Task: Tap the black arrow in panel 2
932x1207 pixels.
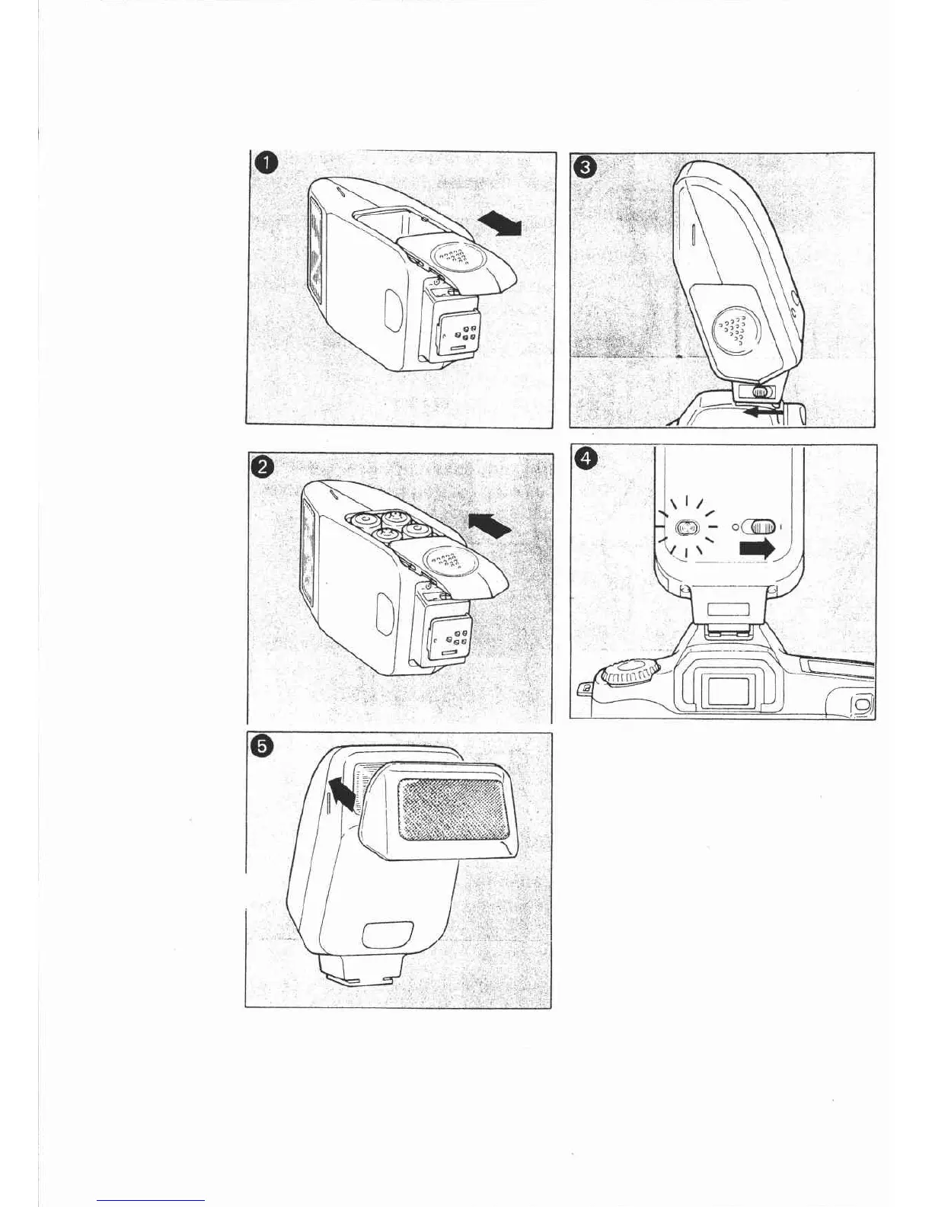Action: (x=489, y=524)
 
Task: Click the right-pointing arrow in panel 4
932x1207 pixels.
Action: (x=757, y=548)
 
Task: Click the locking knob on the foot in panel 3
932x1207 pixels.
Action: (x=759, y=392)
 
